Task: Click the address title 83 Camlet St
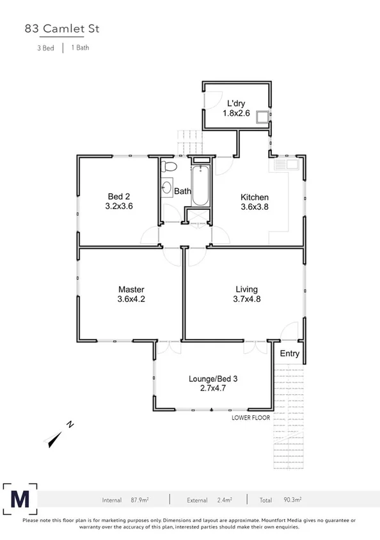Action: coord(62,29)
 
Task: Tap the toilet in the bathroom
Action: coord(168,167)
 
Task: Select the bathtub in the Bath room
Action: coord(200,186)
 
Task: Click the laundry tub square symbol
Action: coord(262,116)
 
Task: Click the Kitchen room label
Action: coord(254,197)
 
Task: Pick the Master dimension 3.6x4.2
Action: coord(131,299)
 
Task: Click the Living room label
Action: coord(247,289)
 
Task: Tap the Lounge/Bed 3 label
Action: coord(213,379)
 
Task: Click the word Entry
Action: coord(290,354)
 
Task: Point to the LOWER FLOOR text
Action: coord(251,417)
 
